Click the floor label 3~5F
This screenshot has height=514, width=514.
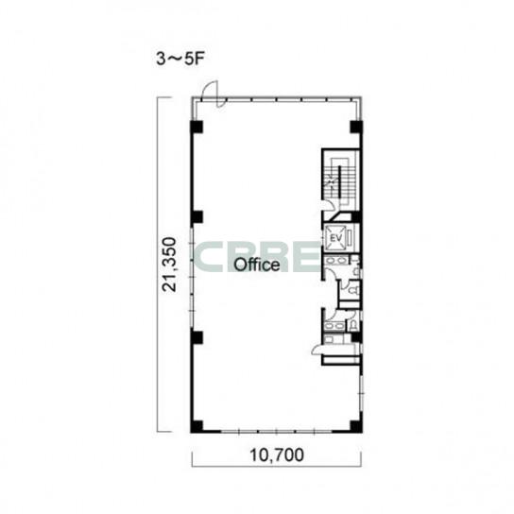point(180,60)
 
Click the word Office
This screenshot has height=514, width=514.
point(257,265)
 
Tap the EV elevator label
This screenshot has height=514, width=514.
point(335,238)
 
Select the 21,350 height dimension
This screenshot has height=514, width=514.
point(170,265)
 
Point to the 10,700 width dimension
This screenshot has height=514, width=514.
point(277,455)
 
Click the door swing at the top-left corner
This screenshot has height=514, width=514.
point(211,94)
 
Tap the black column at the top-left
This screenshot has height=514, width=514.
point(197,127)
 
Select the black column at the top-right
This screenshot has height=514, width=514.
point(356,127)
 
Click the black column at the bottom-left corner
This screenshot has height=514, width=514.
point(197,426)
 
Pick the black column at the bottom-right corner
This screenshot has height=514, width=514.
point(356,426)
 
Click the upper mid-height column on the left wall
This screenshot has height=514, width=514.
point(197,216)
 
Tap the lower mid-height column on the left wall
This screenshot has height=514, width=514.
point(197,337)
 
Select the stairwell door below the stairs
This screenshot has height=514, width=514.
point(331,206)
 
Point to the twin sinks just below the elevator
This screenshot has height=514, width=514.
point(335,262)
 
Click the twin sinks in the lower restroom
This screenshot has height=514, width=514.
point(334,326)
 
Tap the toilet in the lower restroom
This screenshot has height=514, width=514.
point(353,324)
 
